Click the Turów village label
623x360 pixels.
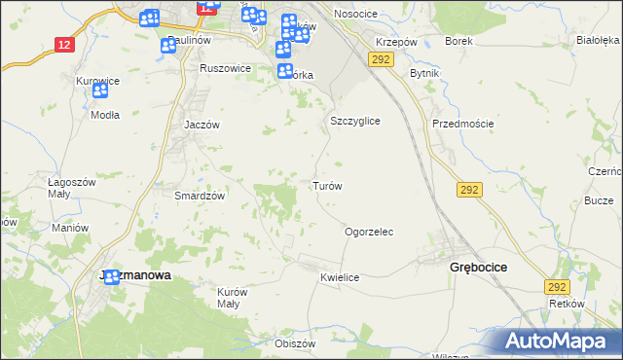325,186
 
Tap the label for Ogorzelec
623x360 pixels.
369,233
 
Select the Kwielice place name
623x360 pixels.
340,278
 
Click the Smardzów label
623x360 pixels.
200,196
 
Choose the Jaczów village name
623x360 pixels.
203,126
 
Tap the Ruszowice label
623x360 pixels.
225,69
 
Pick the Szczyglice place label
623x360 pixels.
354,121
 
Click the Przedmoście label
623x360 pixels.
463,124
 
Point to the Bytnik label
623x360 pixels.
425,74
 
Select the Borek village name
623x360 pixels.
458,42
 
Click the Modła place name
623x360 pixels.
104,114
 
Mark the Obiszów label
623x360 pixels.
296,343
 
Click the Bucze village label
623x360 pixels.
598,199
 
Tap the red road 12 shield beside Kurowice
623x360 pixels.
64,45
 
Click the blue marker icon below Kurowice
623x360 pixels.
100,90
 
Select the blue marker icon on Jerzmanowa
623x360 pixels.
112,276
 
